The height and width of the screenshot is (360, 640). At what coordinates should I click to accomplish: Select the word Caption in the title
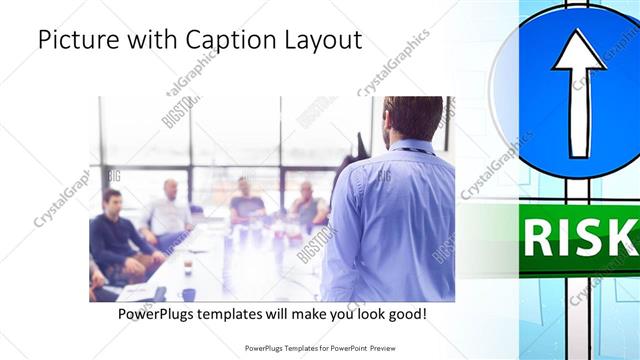pyautogui.click(x=223, y=40)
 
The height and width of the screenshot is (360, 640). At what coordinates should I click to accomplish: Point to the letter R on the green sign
pyautogui.click(x=537, y=239)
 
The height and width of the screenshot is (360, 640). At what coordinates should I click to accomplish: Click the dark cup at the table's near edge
pyautogui.click(x=188, y=294)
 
